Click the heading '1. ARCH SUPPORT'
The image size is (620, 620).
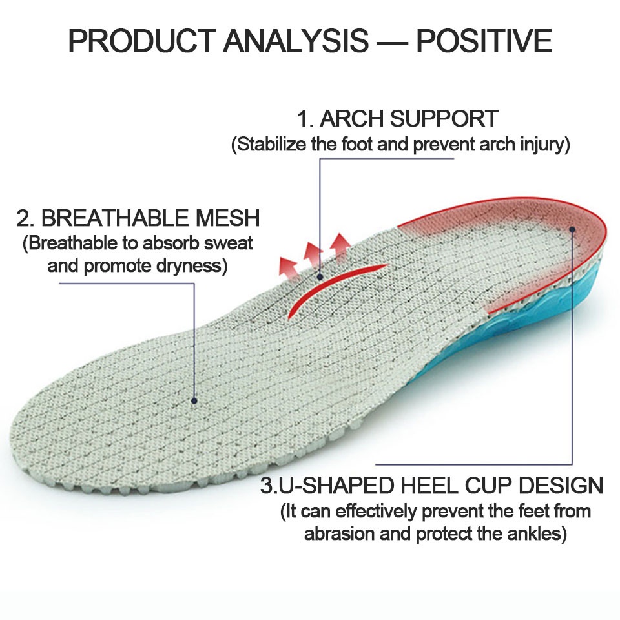pyautogui.click(x=397, y=119)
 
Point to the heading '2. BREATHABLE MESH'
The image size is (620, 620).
pyautogui.click(x=138, y=218)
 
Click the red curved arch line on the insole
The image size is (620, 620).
pyautogui.click(x=336, y=284)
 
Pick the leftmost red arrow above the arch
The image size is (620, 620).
pyautogui.click(x=287, y=264)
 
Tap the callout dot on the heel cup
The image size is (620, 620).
pyautogui.click(x=572, y=229)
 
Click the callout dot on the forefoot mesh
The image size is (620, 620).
pyautogui.click(x=194, y=400)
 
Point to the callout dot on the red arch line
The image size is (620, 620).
pyautogui.click(x=320, y=276)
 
